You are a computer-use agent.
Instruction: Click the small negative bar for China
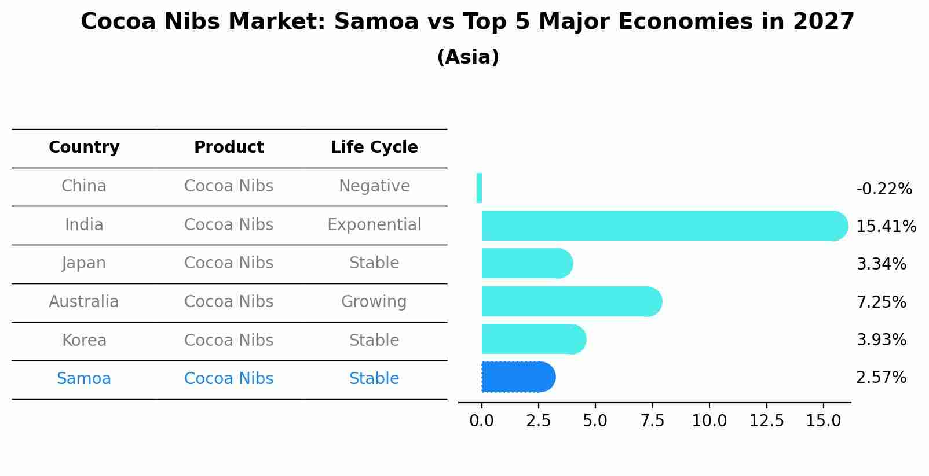tap(479, 188)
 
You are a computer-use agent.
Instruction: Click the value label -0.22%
tap(884, 189)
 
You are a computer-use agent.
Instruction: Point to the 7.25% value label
tap(881, 302)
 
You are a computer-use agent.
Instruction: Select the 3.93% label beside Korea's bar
tap(881, 340)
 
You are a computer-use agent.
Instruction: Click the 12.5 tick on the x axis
tap(766, 420)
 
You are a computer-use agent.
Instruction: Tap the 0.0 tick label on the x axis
tap(481, 420)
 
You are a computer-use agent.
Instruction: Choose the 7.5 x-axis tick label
tap(652, 420)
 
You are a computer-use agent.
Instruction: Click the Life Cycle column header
tap(374, 147)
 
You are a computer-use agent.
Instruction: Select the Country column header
tap(84, 147)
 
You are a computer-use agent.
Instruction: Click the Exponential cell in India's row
tap(374, 224)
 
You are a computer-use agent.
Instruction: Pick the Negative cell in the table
tap(374, 186)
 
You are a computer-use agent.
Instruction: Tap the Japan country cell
tap(84, 263)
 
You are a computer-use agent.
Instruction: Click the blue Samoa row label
tap(84, 379)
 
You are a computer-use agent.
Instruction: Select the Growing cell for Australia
tap(374, 302)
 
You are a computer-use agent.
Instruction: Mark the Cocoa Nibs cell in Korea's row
tap(229, 340)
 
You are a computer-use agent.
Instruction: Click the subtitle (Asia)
tap(468, 57)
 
